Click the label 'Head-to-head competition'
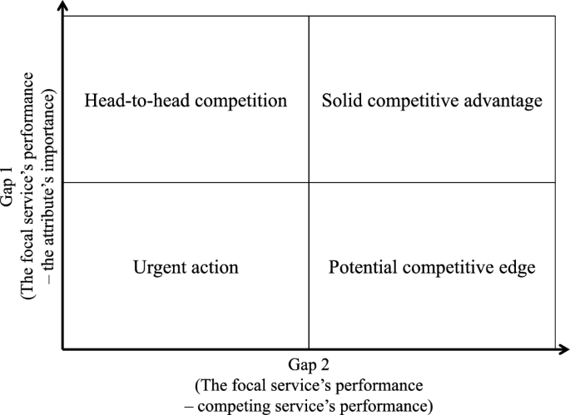(186, 101)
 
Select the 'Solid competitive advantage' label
(432, 101)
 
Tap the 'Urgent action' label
(186, 268)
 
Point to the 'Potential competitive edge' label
(431, 268)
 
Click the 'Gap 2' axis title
(309, 366)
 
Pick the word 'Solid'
(340, 101)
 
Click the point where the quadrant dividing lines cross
(309, 182)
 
